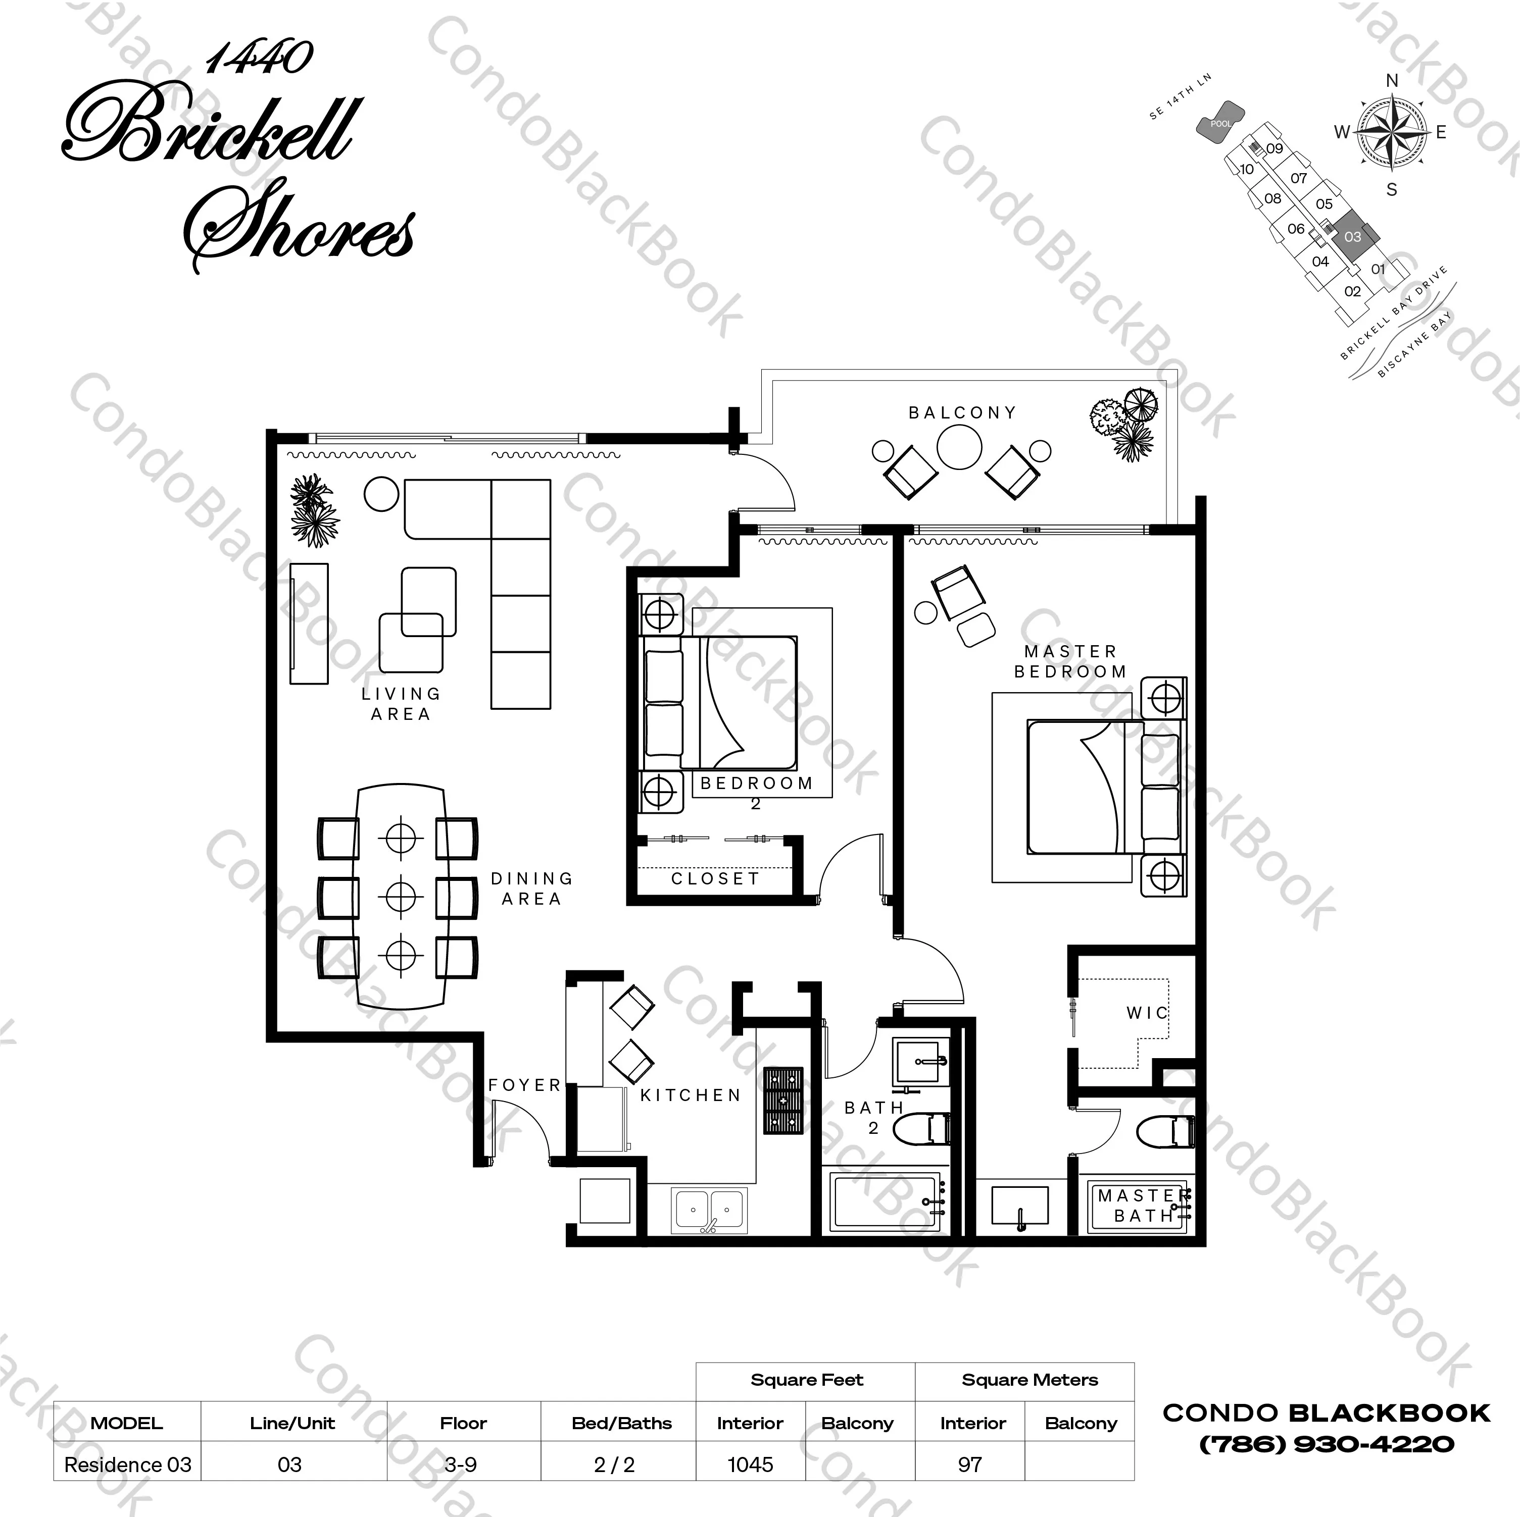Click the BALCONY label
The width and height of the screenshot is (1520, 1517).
962,413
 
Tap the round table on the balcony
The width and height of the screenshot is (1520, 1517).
959,447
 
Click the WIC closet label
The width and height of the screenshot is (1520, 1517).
1147,1013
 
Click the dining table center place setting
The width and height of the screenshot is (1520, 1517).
401,896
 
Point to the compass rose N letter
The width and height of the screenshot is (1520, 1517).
1392,80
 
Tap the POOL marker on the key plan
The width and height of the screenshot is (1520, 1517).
1220,124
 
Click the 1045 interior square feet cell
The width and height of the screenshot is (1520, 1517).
750,1464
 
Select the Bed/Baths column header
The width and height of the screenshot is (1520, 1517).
621,1423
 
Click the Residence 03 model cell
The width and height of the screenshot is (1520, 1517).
127,1464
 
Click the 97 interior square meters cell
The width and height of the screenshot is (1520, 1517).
970,1464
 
